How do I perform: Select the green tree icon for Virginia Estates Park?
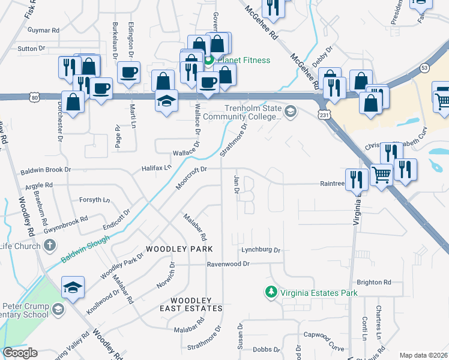point(271,292)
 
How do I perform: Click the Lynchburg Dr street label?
point(261,250)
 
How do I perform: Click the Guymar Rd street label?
point(47,29)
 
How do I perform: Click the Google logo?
point(20,353)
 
